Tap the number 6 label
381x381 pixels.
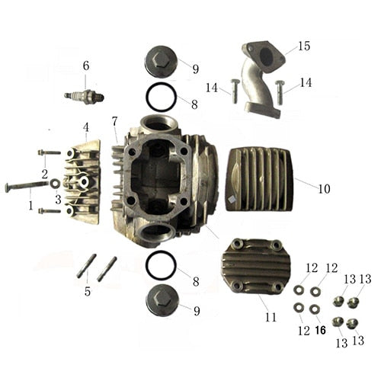point(86,66)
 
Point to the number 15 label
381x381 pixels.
point(304,46)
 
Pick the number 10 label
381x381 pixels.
point(324,188)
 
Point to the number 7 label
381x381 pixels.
point(114,121)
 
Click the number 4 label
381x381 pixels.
point(86,126)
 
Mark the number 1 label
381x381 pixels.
point(30,204)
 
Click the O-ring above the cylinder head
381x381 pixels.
point(161,97)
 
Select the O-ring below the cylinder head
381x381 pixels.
point(161,265)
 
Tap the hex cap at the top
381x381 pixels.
point(161,60)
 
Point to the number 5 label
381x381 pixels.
point(88,291)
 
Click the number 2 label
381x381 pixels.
point(44,174)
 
